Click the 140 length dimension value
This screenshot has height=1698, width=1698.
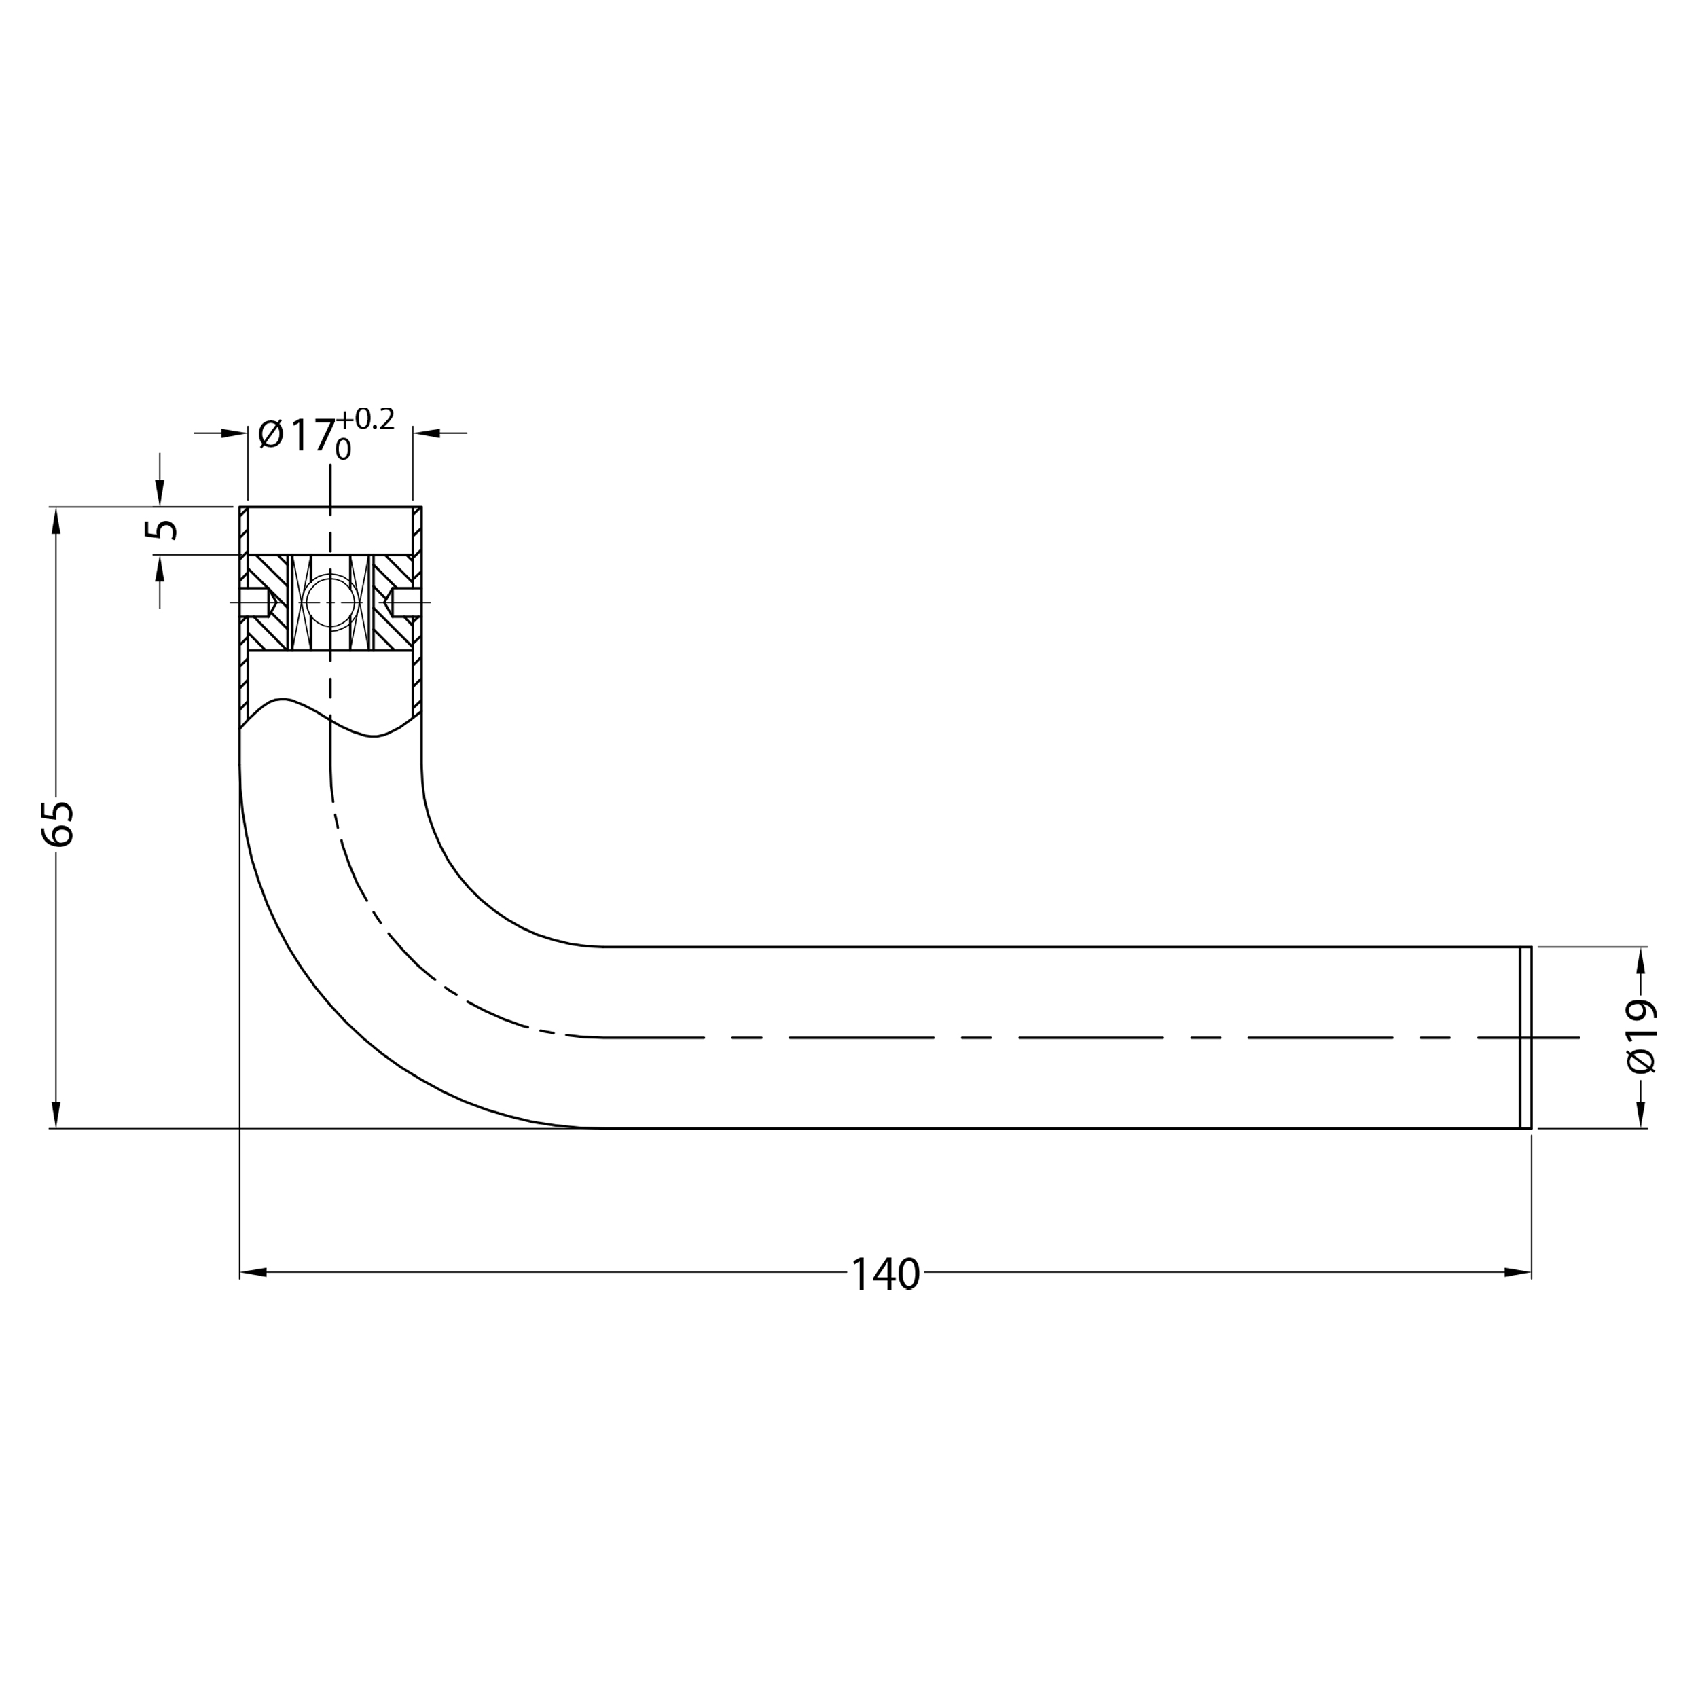tap(885, 1273)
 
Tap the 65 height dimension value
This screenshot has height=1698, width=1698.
tap(58, 823)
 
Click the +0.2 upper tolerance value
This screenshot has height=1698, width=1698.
tap(365, 418)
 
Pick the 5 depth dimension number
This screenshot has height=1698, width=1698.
tap(161, 529)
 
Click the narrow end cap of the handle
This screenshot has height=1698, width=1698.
tap(1525, 1037)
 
